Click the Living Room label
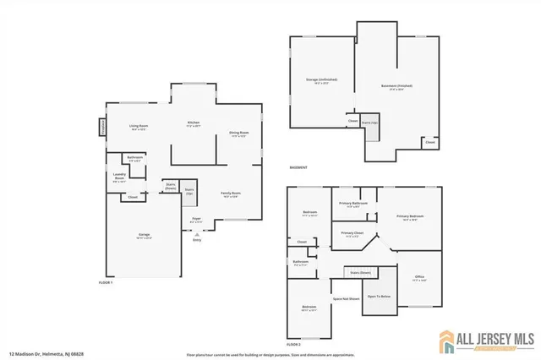[139, 128]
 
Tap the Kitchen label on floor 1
[194, 124]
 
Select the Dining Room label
[239, 134]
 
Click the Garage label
[144, 237]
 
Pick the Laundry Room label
[119, 177]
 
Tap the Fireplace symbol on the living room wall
[103, 128]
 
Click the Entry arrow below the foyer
[197, 236]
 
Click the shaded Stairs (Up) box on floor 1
[190, 193]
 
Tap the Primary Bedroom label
[410, 217]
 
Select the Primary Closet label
[352, 234]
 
